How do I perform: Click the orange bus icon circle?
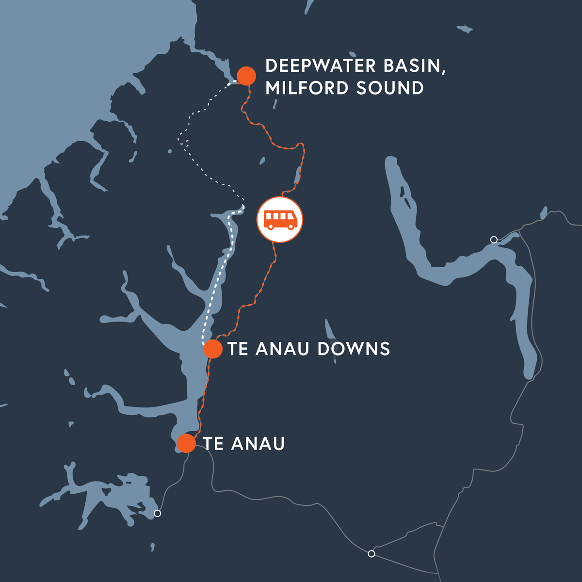point(280,219)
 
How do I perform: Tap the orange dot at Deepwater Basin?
point(246,76)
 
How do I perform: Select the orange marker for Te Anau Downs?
point(212,349)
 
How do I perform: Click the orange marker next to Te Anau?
point(186,443)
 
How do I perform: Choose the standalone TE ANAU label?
point(243,444)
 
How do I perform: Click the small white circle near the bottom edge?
point(372,553)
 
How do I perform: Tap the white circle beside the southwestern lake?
point(157,513)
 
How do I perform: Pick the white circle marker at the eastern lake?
point(494,240)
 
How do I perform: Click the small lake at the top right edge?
point(465,29)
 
